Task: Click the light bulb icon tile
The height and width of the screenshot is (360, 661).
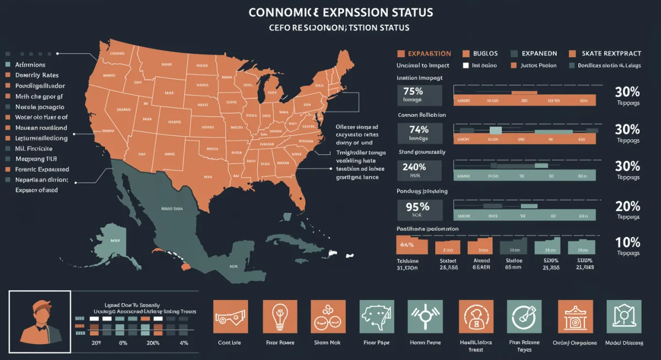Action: (x=280, y=317)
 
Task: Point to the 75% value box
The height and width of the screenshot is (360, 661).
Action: (x=419, y=95)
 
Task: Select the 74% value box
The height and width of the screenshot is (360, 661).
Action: (x=419, y=133)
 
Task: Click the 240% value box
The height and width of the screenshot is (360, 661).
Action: (x=419, y=170)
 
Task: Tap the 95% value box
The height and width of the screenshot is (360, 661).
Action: (x=419, y=210)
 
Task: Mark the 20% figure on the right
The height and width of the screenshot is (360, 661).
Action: (x=627, y=207)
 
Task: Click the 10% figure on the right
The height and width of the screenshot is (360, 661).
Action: (x=627, y=243)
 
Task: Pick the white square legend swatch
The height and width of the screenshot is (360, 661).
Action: (x=465, y=66)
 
